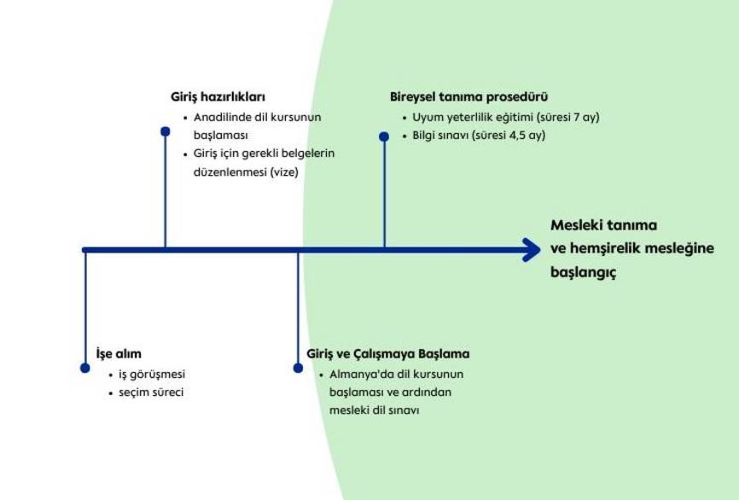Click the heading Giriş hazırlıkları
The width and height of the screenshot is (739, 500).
(218, 96)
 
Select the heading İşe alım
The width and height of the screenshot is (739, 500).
(119, 353)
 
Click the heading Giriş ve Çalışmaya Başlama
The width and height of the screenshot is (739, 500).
(387, 353)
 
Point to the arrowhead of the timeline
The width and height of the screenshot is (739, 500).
(532, 250)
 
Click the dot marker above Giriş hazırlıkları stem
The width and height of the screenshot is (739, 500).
(166, 131)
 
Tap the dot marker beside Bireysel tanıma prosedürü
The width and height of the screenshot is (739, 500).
(384, 135)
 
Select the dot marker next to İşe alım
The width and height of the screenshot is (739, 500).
(84, 368)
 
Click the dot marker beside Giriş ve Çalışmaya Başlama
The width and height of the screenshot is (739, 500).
(298, 368)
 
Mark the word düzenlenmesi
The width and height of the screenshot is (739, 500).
(218, 172)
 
